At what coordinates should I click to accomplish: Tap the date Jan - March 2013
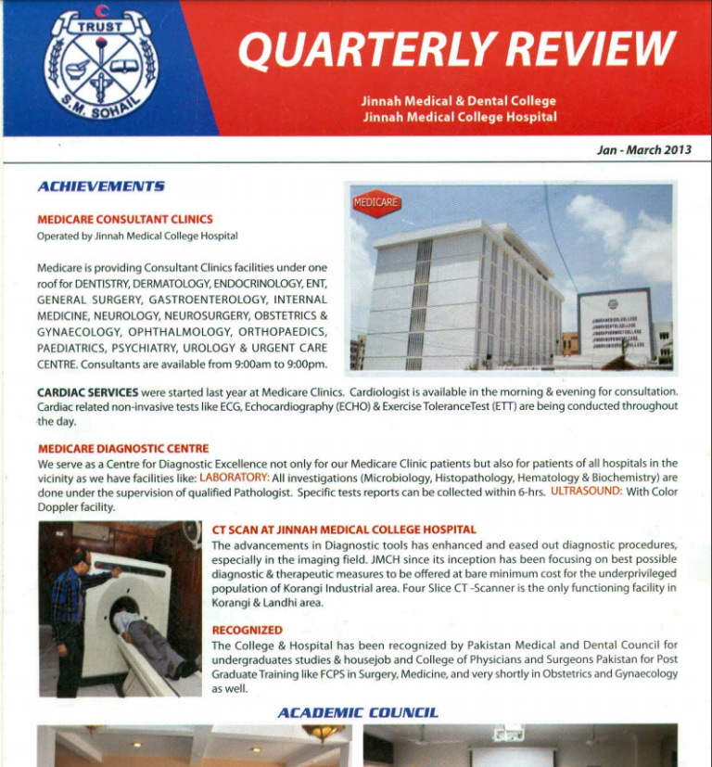coord(643,149)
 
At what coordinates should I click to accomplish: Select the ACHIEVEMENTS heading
coord(101,186)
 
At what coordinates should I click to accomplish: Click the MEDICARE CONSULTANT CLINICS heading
coord(125,220)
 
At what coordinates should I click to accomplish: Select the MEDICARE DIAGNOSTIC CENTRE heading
coord(123,449)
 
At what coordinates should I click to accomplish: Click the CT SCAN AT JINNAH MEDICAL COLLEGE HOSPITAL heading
coord(344,530)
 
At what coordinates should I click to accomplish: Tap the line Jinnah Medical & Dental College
coord(459,100)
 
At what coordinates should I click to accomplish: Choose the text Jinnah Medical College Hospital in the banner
coord(459,117)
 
